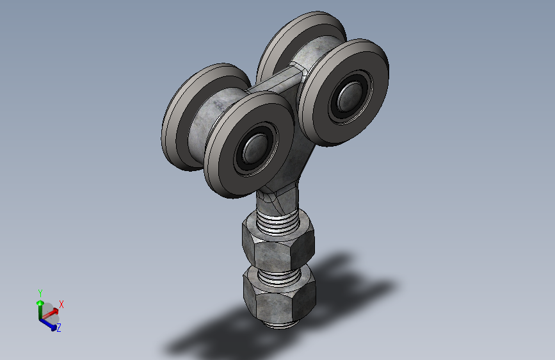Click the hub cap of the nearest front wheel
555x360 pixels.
(255, 149)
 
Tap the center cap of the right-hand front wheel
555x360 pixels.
(350, 96)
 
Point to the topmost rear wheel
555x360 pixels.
(283, 39)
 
